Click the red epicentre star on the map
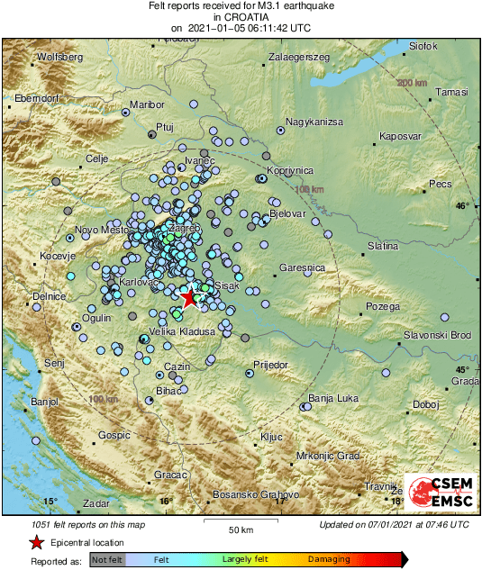[x=189, y=297]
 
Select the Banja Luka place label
[x=333, y=397]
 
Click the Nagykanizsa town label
[x=314, y=121]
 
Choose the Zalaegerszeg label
[x=299, y=57]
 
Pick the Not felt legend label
[x=107, y=559]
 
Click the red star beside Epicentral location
[x=36, y=542]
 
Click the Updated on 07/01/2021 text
[x=394, y=525]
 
